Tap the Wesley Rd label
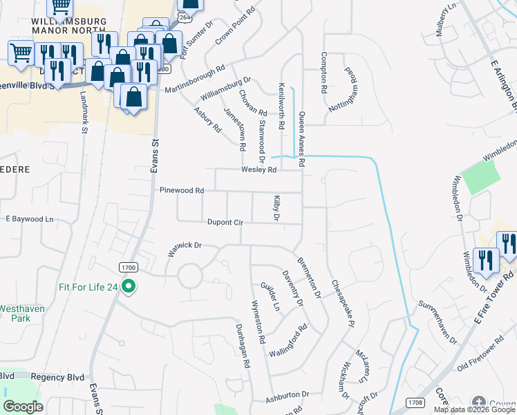click(258, 169)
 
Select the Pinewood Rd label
click(182, 190)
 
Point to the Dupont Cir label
click(225, 223)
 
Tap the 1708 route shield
click(415, 400)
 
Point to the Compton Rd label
click(323, 73)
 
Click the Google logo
click(23, 407)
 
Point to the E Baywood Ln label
click(29, 219)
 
